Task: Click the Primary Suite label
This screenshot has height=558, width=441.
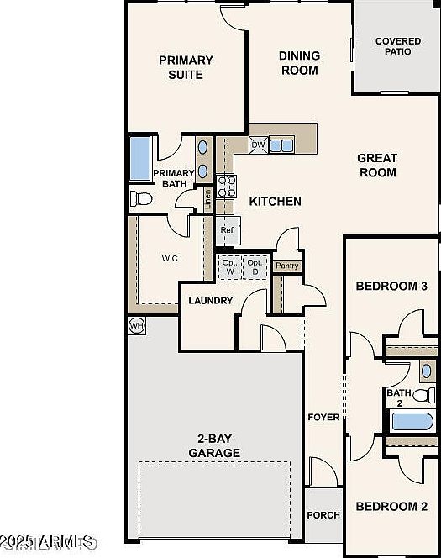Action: [186, 67]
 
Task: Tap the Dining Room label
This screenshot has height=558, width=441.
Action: [299, 63]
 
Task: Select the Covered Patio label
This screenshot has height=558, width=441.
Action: [397, 46]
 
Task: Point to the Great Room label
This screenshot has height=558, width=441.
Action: [377, 165]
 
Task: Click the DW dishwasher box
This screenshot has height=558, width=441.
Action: [259, 145]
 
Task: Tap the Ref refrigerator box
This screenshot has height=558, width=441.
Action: [227, 229]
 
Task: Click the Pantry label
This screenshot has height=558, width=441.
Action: [287, 266]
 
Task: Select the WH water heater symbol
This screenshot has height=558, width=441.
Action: [136, 324]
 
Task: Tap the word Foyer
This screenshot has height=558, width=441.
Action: [323, 417]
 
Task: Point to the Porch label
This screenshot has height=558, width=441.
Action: [323, 515]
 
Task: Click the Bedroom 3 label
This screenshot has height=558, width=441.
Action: [391, 287]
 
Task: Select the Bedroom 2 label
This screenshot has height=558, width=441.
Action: [391, 507]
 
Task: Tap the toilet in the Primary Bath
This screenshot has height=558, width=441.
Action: [140, 198]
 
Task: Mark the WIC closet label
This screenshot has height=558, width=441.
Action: [171, 259]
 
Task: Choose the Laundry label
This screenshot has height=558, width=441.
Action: [210, 301]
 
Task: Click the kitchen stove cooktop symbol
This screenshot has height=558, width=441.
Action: [226, 186]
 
